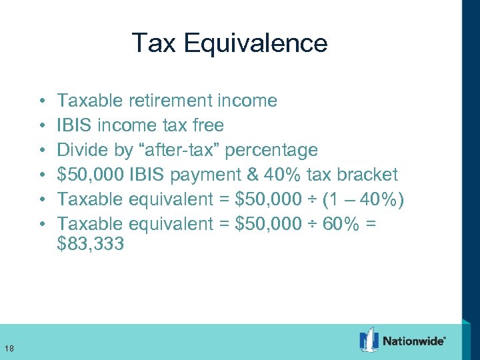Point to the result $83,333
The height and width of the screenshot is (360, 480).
click(x=91, y=245)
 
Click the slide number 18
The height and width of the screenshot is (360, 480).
click(x=10, y=347)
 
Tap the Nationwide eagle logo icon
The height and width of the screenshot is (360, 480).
click(x=369, y=340)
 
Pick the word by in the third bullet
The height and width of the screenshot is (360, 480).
click(x=124, y=151)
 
